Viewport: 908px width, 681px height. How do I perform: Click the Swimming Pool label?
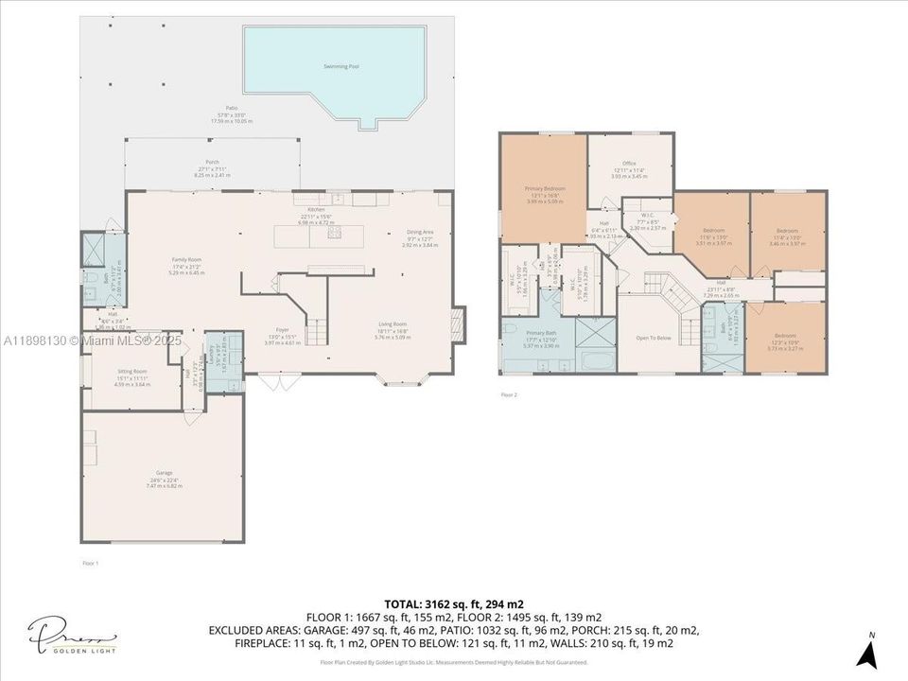tap(347, 66)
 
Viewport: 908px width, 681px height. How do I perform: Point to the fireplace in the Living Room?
tap(459, 322)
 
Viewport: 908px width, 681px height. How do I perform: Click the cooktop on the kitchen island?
tap(334, 233)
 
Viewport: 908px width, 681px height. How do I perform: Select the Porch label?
tap(213, 162)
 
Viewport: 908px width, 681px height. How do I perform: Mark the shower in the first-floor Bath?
tap(94, 248)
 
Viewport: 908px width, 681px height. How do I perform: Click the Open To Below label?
tap(654, 338)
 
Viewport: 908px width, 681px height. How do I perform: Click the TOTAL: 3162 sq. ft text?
tap(454, 603)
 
